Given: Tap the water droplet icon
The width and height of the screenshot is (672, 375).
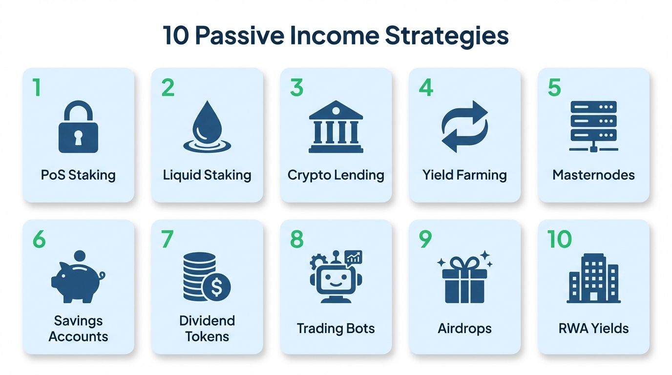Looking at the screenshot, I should click(207, 124).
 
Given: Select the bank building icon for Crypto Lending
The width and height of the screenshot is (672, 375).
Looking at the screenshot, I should click(336, 126).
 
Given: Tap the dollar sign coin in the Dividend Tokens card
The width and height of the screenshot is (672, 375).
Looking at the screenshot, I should click(216, 287).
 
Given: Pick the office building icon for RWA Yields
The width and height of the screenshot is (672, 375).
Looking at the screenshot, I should click(593, 278).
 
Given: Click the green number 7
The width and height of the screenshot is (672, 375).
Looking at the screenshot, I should click(167, 239).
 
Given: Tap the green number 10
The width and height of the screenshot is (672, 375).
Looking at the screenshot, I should click(559, 239).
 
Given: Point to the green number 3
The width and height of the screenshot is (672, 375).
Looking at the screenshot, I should click(296, 88).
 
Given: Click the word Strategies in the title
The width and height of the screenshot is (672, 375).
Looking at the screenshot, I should click(447, 36).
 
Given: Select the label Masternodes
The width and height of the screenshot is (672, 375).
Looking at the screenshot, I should click(593, 175).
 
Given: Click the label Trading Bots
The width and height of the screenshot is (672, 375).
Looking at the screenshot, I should click(336, 328).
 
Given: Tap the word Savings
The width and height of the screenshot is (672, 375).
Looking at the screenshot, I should click(78, 321).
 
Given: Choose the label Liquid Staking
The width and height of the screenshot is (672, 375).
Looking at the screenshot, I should click(207, 175).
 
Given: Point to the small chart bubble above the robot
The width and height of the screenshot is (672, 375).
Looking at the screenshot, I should click(353, 257).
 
